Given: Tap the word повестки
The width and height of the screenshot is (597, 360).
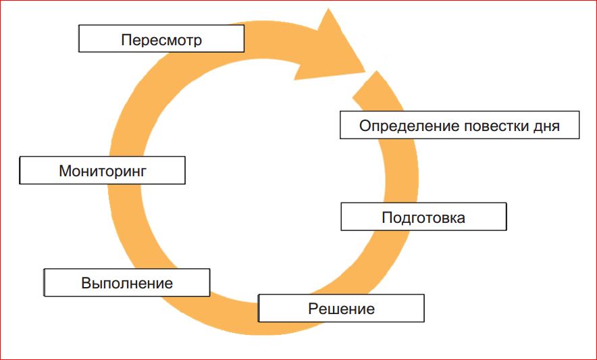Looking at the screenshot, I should click(x=484, y=126).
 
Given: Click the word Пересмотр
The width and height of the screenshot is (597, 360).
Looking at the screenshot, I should click(x=161, y=40).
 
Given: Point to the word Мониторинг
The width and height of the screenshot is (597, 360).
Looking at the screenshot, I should click(x=103, y=170).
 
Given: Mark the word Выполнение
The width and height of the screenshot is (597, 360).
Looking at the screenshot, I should click(x=127, y=283).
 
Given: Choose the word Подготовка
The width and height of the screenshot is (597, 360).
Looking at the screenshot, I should click(x=423, y=218).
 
